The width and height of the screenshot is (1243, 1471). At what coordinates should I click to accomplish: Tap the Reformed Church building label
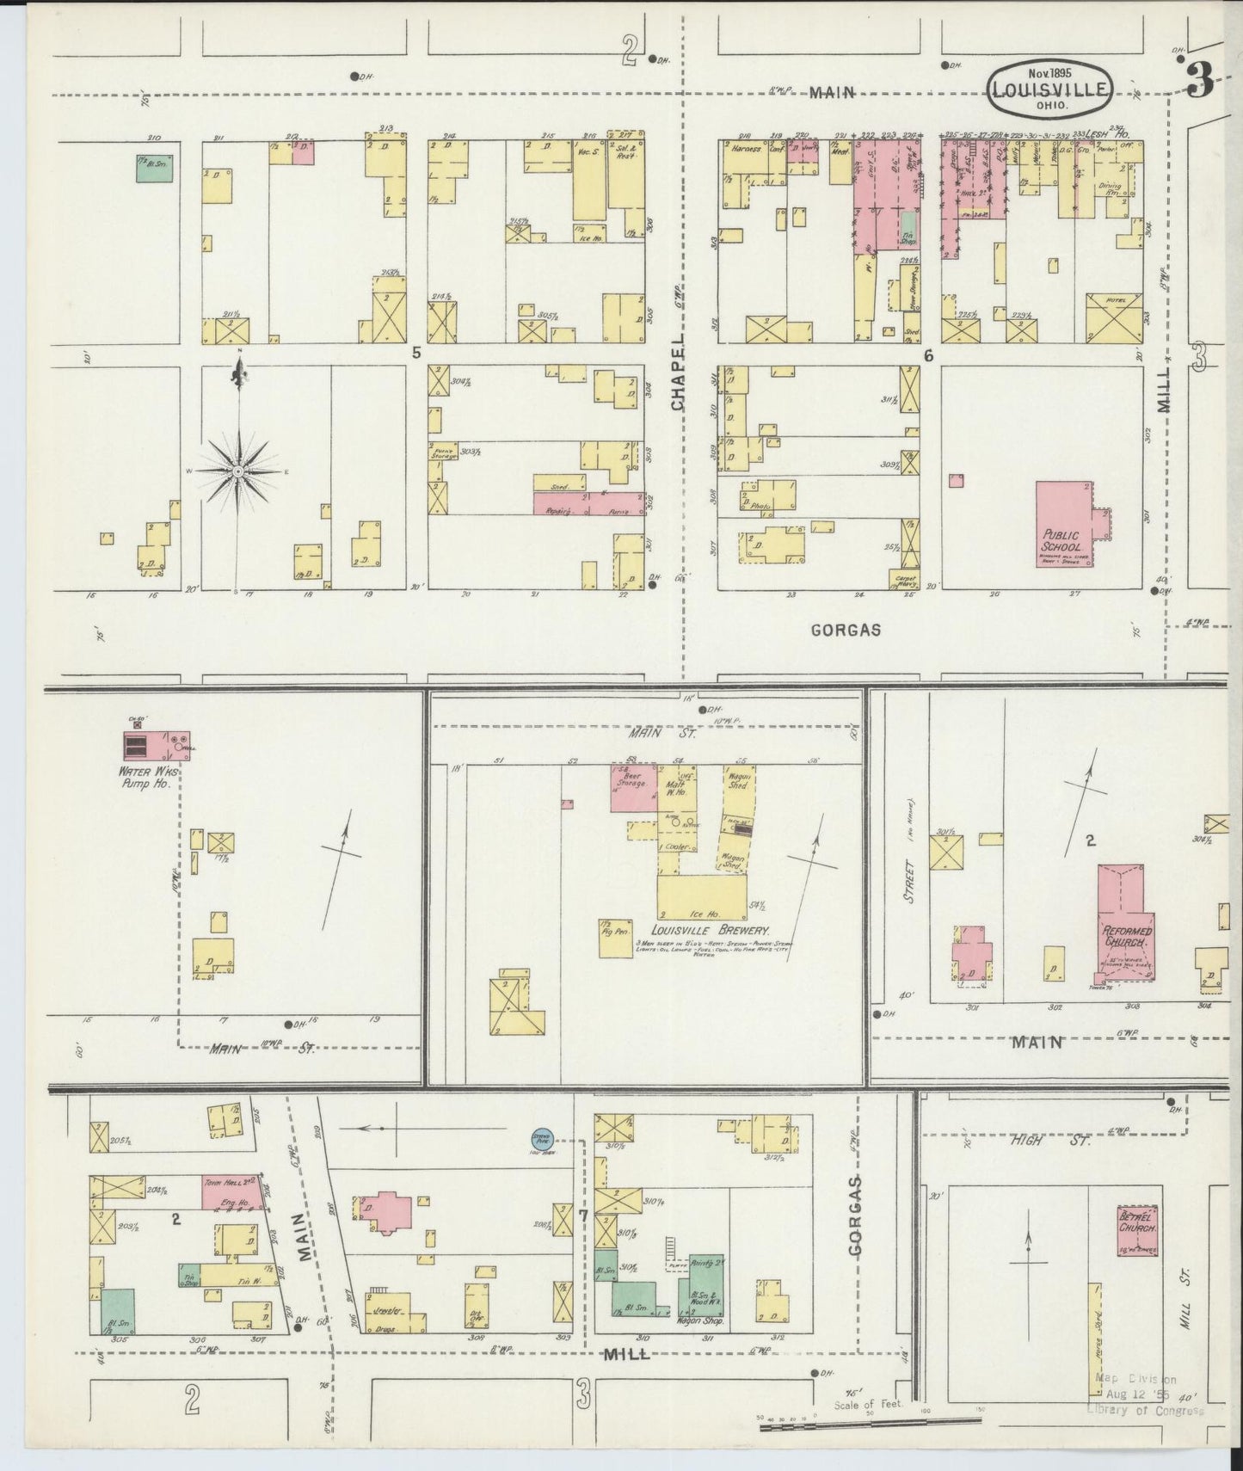tap(1128, 935)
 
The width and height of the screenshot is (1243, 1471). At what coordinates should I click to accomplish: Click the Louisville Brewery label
tap(710, 931)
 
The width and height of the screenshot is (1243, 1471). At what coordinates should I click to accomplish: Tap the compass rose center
tap(237, 472)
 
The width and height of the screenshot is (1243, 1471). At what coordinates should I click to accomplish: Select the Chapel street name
tap(679, 372)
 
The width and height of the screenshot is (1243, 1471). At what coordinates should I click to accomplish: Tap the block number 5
tap(417, 352)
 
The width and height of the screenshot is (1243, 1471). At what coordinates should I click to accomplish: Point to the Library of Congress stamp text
tap(1146, 1409)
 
